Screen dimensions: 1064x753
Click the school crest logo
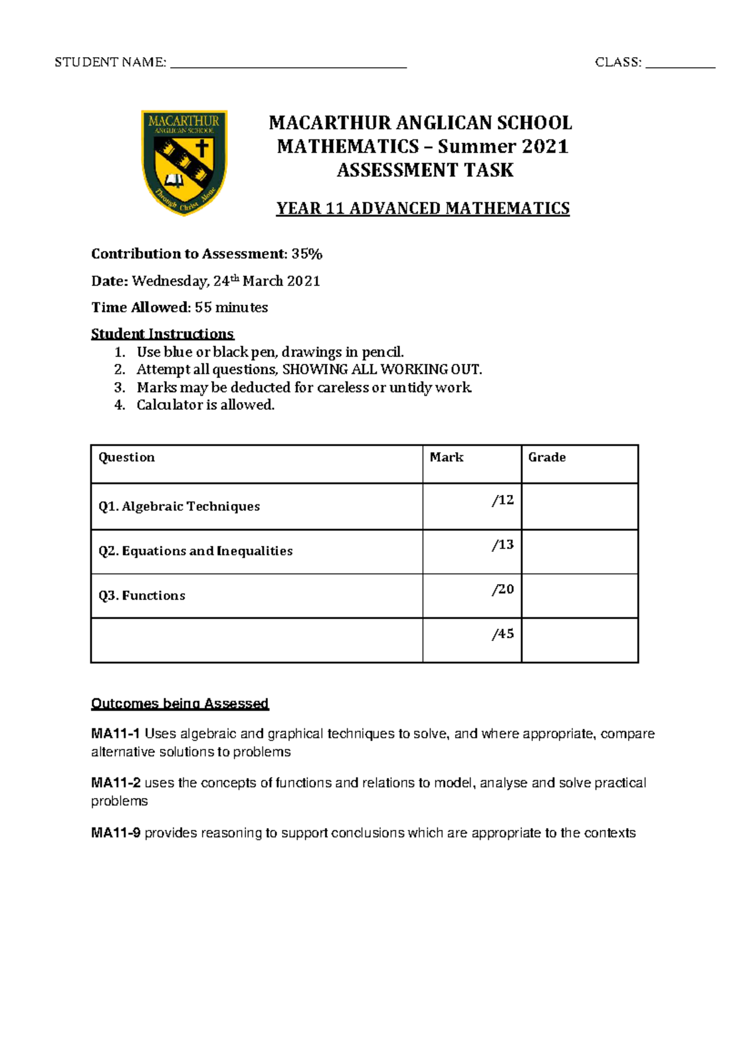pos(184,163)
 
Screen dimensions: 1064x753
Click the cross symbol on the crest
pos(202,149)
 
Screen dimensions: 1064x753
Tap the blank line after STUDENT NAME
pos(289,65)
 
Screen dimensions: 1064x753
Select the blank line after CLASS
pos(680,65)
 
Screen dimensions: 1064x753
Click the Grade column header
pos(547,457)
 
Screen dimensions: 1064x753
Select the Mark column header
pos(446,457)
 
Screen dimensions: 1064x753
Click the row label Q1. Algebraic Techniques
pos(179,507)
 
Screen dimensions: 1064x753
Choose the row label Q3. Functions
pos(142,596)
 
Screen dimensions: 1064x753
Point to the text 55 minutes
pos(232,307)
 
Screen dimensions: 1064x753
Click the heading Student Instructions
pos(163,334)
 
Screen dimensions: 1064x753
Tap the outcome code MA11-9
pos(115,833)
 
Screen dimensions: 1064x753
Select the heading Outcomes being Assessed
pos(179,703)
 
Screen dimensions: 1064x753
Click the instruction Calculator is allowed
pos(205,405)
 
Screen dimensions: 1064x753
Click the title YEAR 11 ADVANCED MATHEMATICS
pos(423,208)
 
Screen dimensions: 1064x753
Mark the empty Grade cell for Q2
pos(579,552)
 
